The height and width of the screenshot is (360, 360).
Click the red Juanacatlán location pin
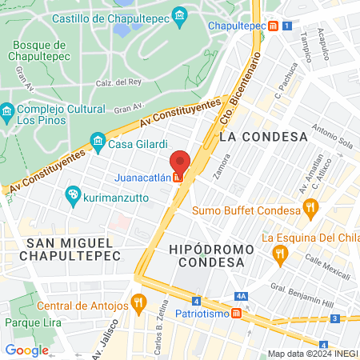pos(180,163)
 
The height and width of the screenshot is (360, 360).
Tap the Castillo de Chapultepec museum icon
pos(180,16)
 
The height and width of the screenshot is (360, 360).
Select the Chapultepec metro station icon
pos(274,26)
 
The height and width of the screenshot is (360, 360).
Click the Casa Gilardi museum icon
pos(98,143)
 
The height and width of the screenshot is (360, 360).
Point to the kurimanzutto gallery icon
pos(73,194)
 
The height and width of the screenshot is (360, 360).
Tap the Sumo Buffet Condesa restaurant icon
pos(311,210)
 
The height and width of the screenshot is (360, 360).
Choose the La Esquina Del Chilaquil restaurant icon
pos(279,254)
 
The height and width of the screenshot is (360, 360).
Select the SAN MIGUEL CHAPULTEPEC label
pos(73,248)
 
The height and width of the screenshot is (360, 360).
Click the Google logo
pos(26,350)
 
